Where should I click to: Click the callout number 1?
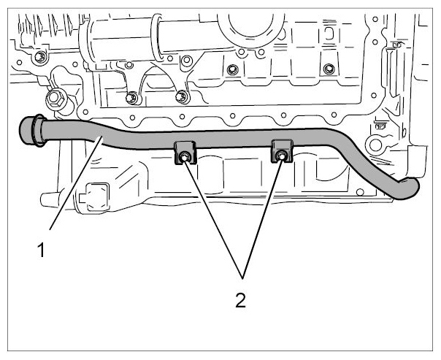(x=41, y=250)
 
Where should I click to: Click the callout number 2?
(x=240, y=300)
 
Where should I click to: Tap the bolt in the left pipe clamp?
(x=184, y=158)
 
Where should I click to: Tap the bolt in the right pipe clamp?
(x=281, y=156)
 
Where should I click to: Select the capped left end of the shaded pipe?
(x=26, y=131)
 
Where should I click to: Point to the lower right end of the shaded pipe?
(x=408, y=189)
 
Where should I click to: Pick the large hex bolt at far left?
(x=55, y=99)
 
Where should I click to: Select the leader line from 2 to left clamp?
(x=213, y=219)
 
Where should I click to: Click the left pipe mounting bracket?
(x=185, y=153)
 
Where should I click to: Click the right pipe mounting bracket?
(x=282, y=150)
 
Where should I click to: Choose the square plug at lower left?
(x=96, y=197)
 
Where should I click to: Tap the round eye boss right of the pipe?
(x=375, y=145)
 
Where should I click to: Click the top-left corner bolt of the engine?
(x=40, y=57)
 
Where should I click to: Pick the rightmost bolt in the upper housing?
(x=329, y=69)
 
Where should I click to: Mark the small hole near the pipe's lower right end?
(x=360, y=192)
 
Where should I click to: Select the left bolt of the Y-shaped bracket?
(x=131, y=98)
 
